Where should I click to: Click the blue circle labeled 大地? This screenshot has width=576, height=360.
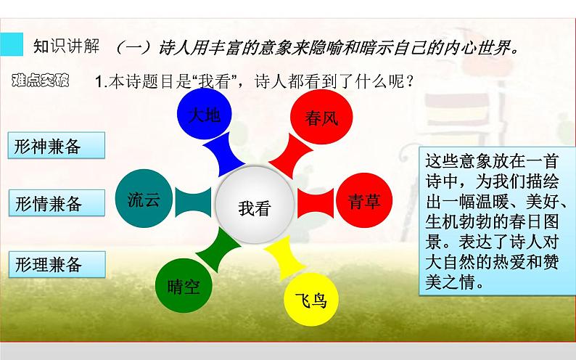[204, 116]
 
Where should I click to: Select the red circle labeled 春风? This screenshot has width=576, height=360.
[317, 117]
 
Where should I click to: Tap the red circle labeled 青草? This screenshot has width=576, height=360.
[363, 201]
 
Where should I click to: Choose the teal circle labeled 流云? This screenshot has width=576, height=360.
[143, 200]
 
